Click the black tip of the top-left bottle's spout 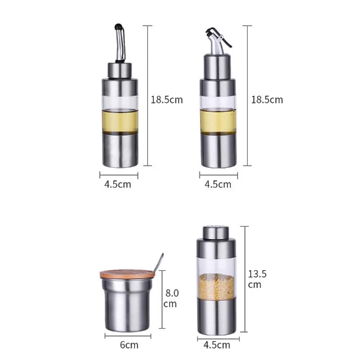pyautogui.click(x=118, y=27)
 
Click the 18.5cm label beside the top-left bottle pyautogui.click(x=166, y=99)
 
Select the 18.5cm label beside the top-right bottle pyautogui.click(x=267, y=99)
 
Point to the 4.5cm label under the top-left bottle pyautogui.click(x=118, y=184)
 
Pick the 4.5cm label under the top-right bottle pyautogui.click(x=218, y=184)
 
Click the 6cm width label pyautogui.click(x=128, y=345)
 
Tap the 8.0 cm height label pyautogui.click(x=171, y=298)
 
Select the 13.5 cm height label pyautogui.click(x=257, y=279)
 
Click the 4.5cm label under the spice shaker pyautogui.click(x=217, y=345)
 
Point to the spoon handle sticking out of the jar pyautogui.click(x=158, y=263)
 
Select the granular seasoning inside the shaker pyautogui.click(x=216, y=286)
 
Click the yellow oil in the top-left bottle pyautogui.click(x=119, y=120)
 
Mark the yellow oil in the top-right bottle pyautogui.click(x=218, y=121)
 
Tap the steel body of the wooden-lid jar pyautogui.click(x=128, y=306)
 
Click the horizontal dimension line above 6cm pyautogui.click(x=128, y=335)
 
